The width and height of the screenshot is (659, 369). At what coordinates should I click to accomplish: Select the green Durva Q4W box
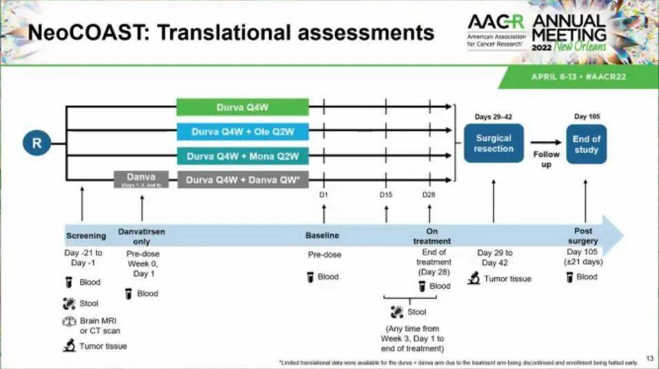(x=242, y=107)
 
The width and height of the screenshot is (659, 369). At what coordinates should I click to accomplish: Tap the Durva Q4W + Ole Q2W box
(x=242, y=131)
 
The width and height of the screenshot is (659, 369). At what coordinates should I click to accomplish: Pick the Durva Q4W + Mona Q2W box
(x=242, y=156)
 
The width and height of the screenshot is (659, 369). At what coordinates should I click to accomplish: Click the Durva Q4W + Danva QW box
(x=242, y=180)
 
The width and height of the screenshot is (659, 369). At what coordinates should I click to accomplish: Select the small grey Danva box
(x=141, y=179)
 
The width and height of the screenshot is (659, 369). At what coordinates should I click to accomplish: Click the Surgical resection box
(x=494, y=143)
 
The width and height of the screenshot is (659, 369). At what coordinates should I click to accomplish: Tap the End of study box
(x=586, y=143)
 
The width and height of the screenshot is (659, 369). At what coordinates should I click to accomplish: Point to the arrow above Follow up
(x=545, y=143)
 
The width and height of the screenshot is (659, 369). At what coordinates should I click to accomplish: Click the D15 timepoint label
(x=386, y=195)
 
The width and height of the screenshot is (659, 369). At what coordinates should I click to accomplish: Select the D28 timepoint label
(x=429, y=195)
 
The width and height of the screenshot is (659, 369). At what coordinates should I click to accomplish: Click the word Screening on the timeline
(x=86, y=235)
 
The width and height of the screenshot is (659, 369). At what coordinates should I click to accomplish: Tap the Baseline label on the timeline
(x=323, y=235)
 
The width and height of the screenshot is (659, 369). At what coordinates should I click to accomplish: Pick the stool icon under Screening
(x=69, y=303)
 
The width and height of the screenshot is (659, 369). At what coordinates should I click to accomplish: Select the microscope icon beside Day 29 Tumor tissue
(x=474, y=278)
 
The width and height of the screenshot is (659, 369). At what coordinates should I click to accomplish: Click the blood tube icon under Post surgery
(x=569, y=277)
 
